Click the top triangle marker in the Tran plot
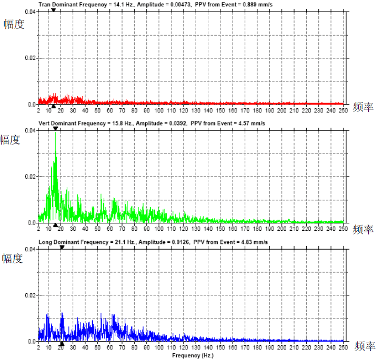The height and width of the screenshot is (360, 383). tap(53, 9)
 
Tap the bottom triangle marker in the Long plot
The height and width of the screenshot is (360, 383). tap(62, 344)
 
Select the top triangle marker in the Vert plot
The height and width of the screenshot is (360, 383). tap(55, 128)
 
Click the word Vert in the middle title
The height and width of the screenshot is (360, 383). tap(44, 123)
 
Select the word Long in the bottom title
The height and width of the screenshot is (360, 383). tap(45, 242)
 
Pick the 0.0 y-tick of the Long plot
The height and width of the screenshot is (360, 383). tap(32, 341)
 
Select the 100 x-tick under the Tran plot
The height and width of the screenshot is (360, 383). tap(160, 110)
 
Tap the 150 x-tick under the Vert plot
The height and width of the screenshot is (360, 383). tap(221, 229)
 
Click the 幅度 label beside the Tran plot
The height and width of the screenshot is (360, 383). tap(14, 24)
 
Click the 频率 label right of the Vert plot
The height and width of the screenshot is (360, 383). tap(362, 229)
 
